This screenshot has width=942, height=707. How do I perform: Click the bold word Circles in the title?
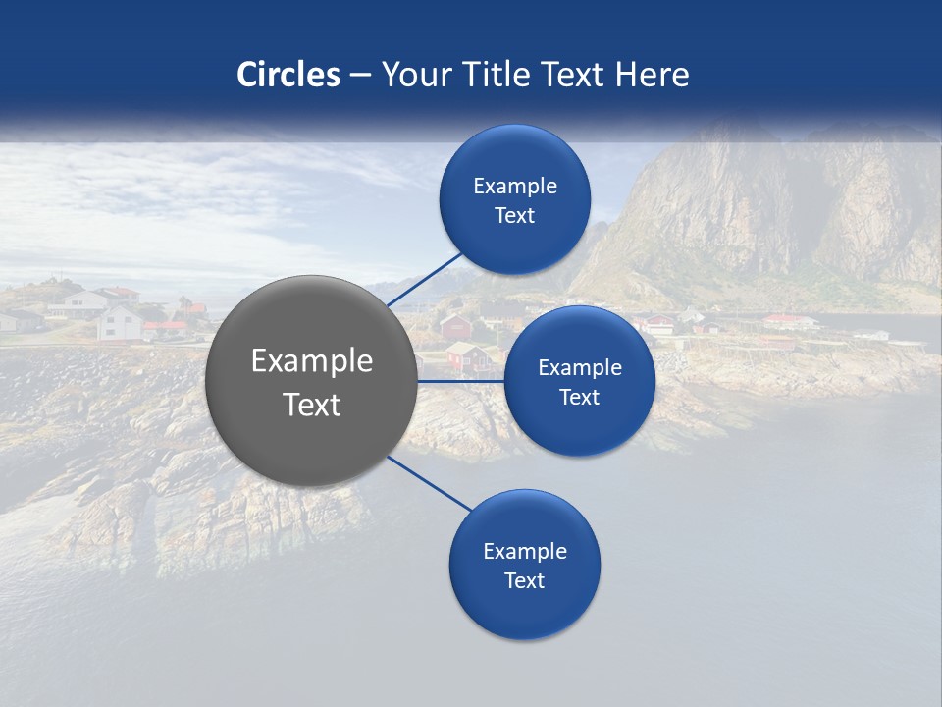tap(288, 75)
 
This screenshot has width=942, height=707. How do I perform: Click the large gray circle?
tap(311, 432)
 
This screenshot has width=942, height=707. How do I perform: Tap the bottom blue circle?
tap(524, 609)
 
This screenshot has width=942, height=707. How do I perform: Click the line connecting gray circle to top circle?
tap(424, 279)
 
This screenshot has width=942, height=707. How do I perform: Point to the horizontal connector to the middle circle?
tap(460, 381)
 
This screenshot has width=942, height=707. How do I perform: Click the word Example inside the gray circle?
tap(312, 361)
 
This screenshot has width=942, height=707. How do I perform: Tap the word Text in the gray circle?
tap(312, 405)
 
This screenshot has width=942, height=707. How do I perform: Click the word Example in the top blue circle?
tap(515, 186)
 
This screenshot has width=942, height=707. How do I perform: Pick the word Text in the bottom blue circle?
tap(524, 580)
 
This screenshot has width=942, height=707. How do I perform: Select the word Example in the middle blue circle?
tap(580, 367)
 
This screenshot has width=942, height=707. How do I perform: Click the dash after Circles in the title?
tap(360, 76)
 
